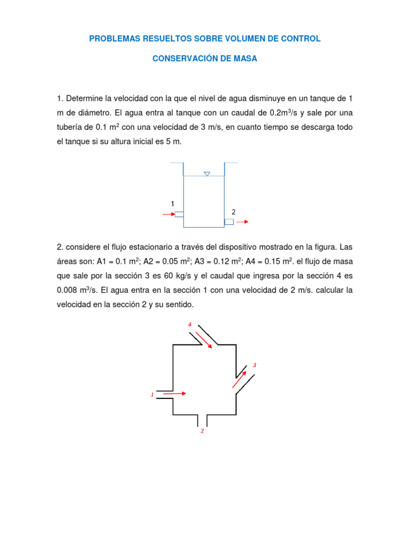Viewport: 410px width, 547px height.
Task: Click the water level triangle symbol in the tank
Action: tap(207, 174)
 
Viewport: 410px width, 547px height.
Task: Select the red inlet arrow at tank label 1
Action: tap(168, 215)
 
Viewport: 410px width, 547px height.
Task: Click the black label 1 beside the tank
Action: tap(172, 204)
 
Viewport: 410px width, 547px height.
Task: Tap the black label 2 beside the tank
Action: tap(233, 212)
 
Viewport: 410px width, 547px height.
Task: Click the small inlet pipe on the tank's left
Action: tap(179, 215)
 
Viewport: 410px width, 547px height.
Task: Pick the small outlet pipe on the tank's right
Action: tap(229, 222)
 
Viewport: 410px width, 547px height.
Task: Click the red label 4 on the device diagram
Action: tap(190, 324)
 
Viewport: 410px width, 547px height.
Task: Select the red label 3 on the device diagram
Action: tap(255, 365)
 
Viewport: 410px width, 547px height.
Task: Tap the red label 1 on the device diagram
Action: tap(152, 395)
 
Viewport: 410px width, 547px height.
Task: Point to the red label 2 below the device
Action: tap(202, 431)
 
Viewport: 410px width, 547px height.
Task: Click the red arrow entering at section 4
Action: tap(203, 339)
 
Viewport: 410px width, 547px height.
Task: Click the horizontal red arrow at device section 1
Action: tap(175, 394)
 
